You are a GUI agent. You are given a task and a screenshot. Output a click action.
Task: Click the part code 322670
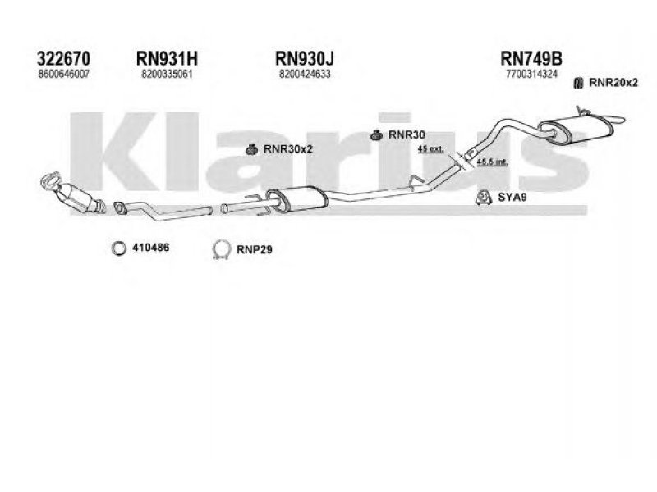[x=63, y=58]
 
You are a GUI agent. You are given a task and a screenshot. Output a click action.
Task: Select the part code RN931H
[x=166, y=58]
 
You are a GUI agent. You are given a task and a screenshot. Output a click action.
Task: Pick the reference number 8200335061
[x=166, y=74]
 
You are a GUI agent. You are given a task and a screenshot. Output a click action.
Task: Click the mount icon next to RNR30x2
[x=255, y=148]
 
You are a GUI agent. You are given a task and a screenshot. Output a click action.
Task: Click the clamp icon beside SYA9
[x=485, y=197]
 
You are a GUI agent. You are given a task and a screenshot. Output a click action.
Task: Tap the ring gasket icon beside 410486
[x=118, y=248]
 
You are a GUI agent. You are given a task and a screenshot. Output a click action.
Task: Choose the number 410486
[x=150, y=248]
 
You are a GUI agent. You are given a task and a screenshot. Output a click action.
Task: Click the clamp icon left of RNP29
[x=220, y=249]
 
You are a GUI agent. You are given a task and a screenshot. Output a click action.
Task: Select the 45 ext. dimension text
[x=430, y=148]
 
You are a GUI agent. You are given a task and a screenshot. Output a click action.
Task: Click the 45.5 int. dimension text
[x=493, y=162]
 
